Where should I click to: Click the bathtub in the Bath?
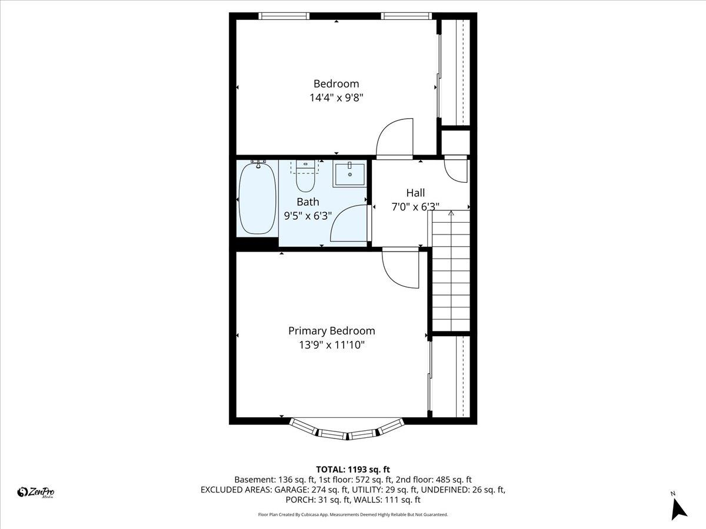click(257, 198)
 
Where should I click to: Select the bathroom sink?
click(349, 175)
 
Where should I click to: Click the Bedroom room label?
click(336, 83)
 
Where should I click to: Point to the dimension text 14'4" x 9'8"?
click(336, 98)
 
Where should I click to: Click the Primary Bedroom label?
click(331, 331)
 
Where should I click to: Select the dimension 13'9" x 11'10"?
click(331, 345)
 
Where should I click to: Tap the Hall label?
click(415, 193)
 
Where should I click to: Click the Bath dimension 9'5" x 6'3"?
click(308, 216)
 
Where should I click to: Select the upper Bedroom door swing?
click(395, 139)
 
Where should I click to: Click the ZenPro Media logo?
click(36, 493)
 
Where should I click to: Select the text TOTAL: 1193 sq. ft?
click(353, 469)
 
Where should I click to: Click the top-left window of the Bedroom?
click(285, 16)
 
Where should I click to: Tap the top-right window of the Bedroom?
click(406, 16)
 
